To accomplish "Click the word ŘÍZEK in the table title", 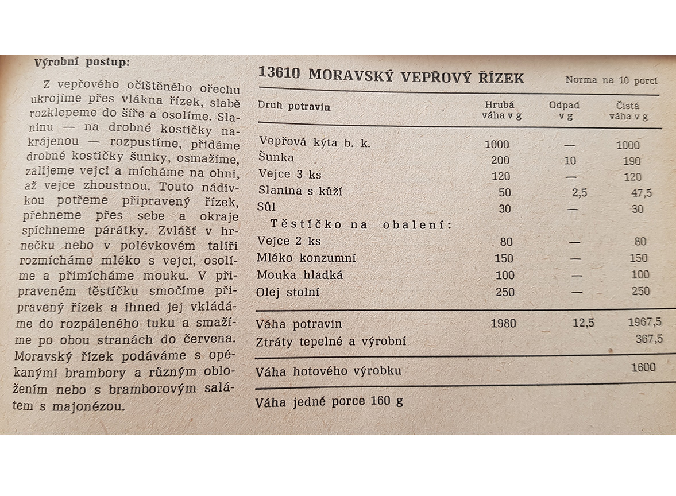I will pyautogui.click(x=501, y=77).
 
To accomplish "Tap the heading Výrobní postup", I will pyautogui.click(x=82, y=62).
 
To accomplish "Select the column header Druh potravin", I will pyautogui.click(x=293, y=106).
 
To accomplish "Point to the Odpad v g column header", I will pyautogui.click(x=564, y=110).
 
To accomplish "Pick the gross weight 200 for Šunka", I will pyautogui.click(x=500, y=160).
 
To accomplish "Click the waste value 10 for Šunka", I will pyautogui.click(x=569, y=161).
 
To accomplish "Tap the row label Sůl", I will pyautogui.click(x=268, y=207).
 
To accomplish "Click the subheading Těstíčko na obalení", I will pyautogui.click(x=361, y=224).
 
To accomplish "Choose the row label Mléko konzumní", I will pyautogui.click(x=306, y=258).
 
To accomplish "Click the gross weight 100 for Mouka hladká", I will pyautogui.click(x=505, y=275).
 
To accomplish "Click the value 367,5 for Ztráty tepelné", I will pyautogui.click(x=648, y=339).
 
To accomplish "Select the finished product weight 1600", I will pyautogui.click(x=643, y=367).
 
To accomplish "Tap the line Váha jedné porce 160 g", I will pyautogui.click(x=329, y=401).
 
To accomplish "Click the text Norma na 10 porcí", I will pyautogui.click(x=611, y=80).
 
